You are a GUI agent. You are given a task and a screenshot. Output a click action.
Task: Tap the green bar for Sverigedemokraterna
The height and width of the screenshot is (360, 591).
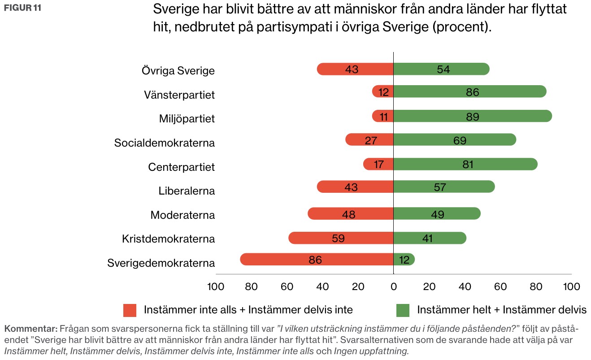(x=404, y=260)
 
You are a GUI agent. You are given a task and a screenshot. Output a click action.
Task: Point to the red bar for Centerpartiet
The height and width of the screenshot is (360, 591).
(x=378, y=164)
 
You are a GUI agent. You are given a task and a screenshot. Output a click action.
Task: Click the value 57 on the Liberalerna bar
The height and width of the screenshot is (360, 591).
(x=440, y=187)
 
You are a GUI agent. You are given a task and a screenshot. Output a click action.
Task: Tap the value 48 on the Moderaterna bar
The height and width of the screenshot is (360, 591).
(x=348, y=214)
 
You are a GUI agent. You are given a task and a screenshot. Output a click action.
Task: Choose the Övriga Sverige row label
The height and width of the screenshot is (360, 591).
(x=178, y=71)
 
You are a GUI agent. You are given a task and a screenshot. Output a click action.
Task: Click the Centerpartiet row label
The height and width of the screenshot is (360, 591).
(x=181, y=167)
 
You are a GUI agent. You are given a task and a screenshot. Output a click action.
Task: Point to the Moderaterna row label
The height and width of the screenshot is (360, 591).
(x=183, y=215)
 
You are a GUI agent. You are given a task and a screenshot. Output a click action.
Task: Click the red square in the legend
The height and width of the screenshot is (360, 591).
(x=130, y=310)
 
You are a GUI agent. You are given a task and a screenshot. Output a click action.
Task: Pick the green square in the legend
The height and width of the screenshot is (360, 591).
(x=403, y=310)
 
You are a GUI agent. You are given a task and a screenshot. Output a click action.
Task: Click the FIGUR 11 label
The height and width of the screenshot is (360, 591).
(x=22, y=8)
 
